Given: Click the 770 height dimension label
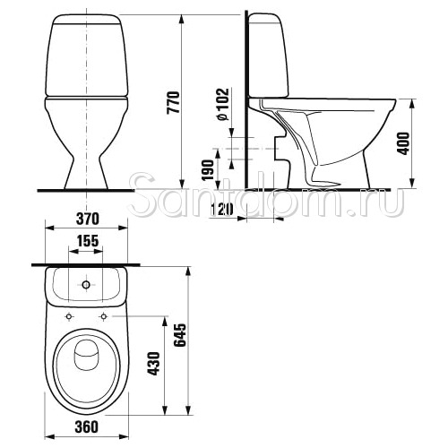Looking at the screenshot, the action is tap(174, 102).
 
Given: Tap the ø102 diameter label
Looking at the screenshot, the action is tap(223, 104).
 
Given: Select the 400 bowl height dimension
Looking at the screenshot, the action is tap(404, 143).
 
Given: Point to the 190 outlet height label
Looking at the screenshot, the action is tap(208, 170).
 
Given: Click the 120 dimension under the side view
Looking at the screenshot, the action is tap(222, 209).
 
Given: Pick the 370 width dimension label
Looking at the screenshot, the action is tap(87, 219).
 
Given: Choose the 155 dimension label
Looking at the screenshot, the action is tap(87, 241).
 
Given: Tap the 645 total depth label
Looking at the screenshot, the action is tap(180, 335).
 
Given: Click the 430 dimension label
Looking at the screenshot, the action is tap(154, 364).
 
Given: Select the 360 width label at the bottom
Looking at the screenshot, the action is tap(86, 426).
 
